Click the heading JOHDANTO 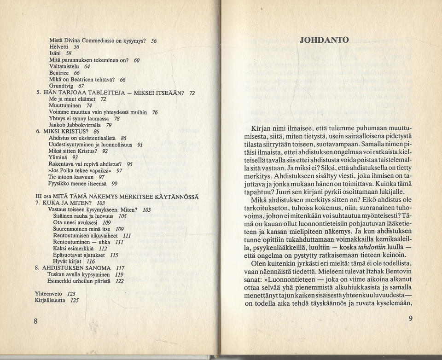324,40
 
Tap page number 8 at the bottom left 35,321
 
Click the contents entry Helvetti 60,47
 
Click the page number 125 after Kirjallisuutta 75,300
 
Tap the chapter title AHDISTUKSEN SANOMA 76,268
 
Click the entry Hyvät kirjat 68,261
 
